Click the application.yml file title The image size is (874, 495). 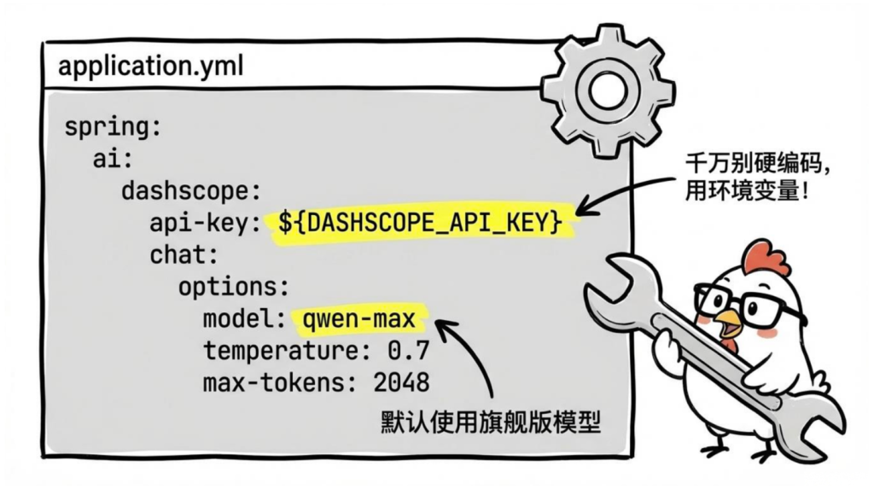[150, 67]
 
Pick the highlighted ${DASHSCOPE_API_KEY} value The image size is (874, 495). [420, 222]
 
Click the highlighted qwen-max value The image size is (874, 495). [358, 319]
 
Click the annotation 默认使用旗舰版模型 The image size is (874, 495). [490, 422]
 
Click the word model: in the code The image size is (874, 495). [237, 319]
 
